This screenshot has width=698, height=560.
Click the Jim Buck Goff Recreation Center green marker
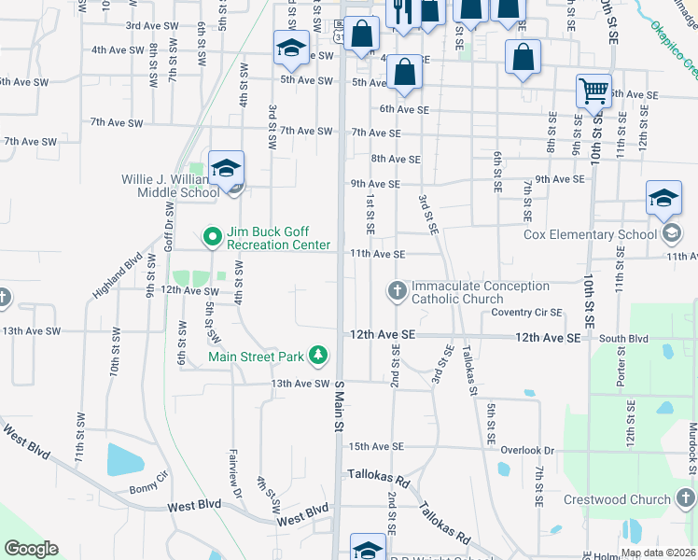click(x=212, y=238)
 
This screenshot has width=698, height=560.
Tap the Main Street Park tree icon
click(x=319, y=356)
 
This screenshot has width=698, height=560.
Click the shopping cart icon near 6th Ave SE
click(x=593, y=91)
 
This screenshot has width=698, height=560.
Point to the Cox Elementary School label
click(x=590, y=234)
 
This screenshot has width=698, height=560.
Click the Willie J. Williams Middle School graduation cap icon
click(x=226, y=168)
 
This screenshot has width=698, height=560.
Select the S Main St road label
click(x=339, y=406)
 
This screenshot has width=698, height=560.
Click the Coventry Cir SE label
click(x=527, y=313)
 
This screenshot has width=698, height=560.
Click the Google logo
click(x=31, y=549)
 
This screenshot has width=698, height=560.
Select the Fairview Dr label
click(x=236, y=473)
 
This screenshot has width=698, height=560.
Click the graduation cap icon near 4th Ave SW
click(x=291, y=48)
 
